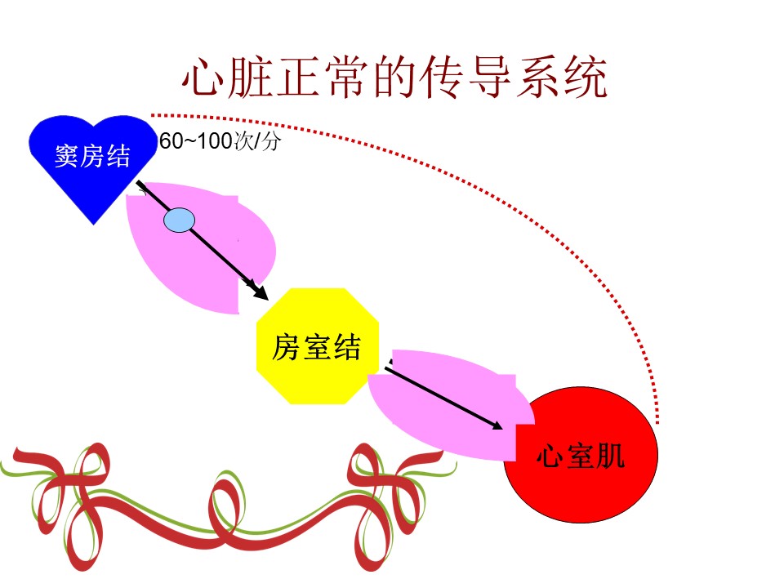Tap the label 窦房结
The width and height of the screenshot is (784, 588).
click(x=92, y=155)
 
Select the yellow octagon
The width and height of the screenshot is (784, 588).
click(x=318, y=346)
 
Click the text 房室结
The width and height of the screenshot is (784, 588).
click(x=316, y=347)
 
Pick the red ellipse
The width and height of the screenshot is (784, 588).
click(x=581, y=455)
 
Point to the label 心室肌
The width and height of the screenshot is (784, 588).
click(x=581, y=456)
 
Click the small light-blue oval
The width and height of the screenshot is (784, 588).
click(x=179, y=220)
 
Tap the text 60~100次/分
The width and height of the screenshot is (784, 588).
click(x=220, y=141)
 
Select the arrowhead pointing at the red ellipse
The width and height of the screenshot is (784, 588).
click(x=496, y=425)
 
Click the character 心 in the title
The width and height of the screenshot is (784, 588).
click(x=203, y=78)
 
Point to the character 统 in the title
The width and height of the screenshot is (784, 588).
click(x=586, y=77)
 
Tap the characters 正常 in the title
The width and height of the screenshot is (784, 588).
click(x=323, y=77)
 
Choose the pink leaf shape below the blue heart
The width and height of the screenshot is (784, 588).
click(x=200, y=247)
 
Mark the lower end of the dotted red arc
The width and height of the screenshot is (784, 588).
click(x=657, y=423)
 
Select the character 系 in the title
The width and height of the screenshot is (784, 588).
click(x=538, y=77)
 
